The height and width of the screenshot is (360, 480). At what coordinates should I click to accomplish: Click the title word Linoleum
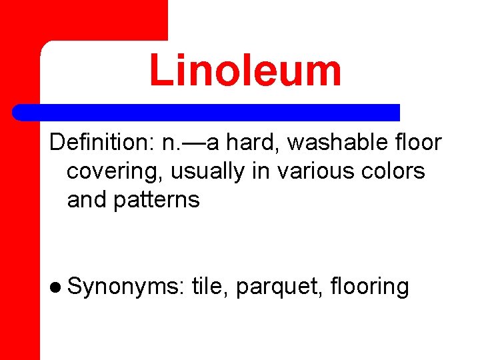[245, 71]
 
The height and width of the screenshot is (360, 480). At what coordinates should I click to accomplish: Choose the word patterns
[157, 199]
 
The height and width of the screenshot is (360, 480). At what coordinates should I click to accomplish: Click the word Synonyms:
[125, 287]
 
